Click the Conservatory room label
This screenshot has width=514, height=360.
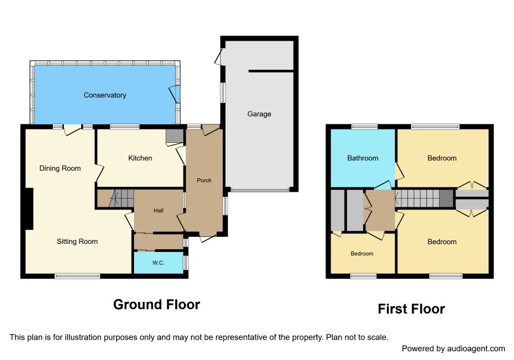(x=105, y=95)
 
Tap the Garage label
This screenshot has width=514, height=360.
(x=259, y=114)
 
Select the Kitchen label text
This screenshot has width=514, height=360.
(x=140, y=158)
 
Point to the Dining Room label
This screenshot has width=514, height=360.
(x=60, y=168)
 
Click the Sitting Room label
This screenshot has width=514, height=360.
(x=77, y=242)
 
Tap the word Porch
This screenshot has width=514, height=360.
(x=204, y=180)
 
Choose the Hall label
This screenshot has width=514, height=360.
(x=158, y=211)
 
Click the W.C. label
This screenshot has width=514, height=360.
(x=158, y=263)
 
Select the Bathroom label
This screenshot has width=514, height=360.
(x=363, y=158)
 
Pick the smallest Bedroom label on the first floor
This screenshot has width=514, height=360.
(x=362, y=253)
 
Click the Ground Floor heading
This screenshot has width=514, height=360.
(x=157, y=304)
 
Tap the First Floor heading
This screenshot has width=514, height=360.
(x=411, y=309)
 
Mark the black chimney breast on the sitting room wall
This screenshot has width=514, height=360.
(x=30, y=208)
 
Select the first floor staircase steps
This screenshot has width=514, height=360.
(x=417, y=198)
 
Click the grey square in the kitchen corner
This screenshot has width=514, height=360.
(x=175, y=136)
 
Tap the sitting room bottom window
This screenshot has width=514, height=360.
(x=77, y=276)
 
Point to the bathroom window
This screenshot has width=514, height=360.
(x=364, y=127)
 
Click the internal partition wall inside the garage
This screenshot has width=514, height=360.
(x=271, y=71)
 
